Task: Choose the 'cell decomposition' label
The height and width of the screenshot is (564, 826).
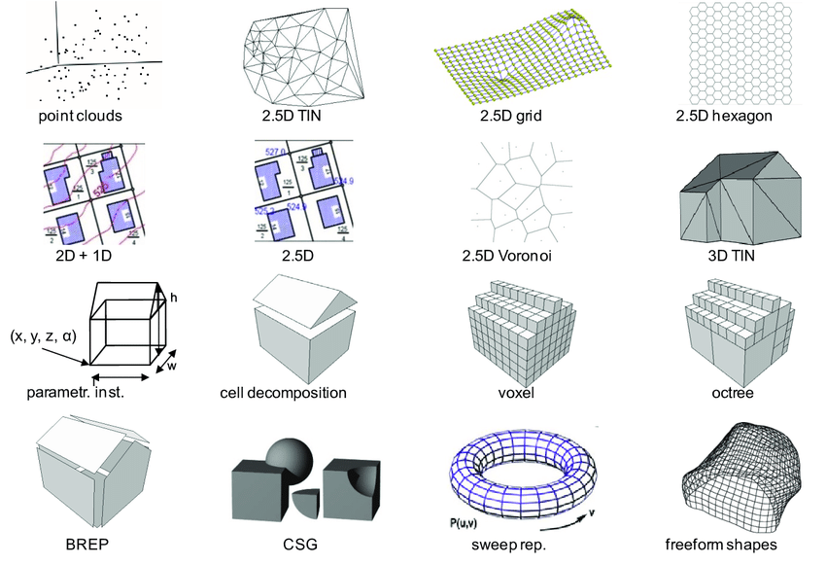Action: pyautogui.click(x=284, y=394)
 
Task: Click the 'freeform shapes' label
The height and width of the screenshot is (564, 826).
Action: pyautogui.click(x=721, y=544)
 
